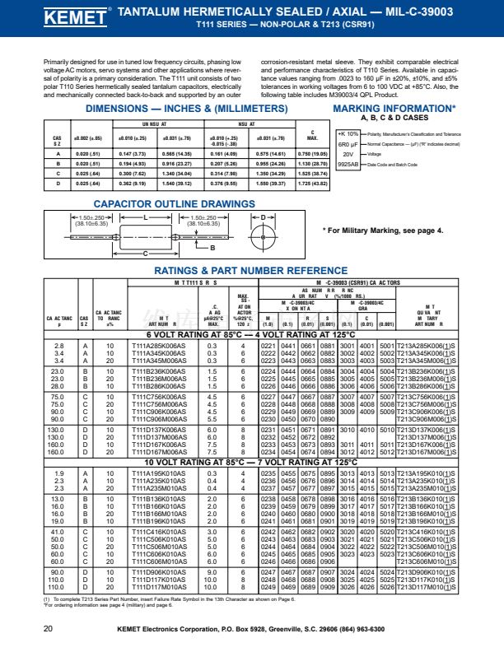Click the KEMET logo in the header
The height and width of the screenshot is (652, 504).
coord(69,17)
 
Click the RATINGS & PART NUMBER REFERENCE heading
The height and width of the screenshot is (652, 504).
coord(251,270)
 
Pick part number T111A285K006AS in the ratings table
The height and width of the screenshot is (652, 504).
coord(158,347)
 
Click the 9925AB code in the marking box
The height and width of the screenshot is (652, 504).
coord(348,165)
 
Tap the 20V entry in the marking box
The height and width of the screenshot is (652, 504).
coord(348,154)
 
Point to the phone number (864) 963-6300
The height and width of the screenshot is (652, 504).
coord(359,628)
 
